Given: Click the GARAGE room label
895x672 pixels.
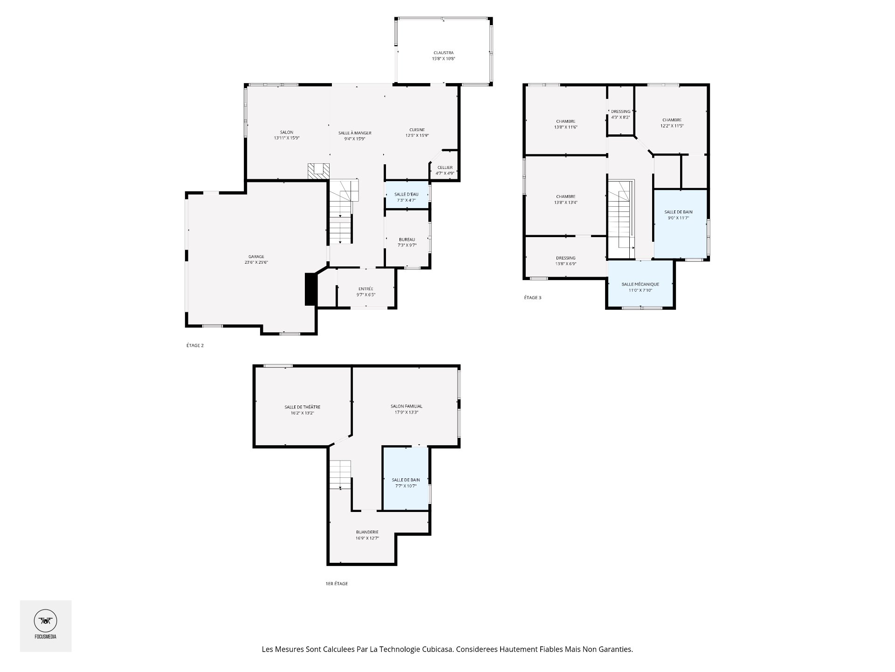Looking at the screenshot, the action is [x=256, y=259].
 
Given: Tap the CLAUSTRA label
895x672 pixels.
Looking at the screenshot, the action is [x=443, y=56].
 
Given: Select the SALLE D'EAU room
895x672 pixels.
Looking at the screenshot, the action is [x=406, y=195].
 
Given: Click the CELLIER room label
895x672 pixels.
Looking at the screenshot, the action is [x=445, y=170].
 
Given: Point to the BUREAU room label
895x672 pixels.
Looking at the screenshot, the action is [x=407, y=242].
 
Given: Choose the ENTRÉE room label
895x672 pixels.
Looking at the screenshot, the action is [x=366, y=292].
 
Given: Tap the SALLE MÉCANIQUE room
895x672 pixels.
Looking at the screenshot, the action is [x=640, y=284].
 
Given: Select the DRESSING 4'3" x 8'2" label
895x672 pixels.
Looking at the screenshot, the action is [x=620, y=114].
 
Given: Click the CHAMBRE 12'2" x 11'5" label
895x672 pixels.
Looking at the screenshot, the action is [x=672, y=123].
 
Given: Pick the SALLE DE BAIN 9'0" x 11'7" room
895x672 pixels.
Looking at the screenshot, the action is [x=681, y=224].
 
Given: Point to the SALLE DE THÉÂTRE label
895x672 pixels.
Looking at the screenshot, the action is [x=303, y=410].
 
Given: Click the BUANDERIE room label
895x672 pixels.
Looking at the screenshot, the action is [x=367, y=535].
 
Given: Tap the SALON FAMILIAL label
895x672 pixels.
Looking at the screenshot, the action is [x=406, y=409].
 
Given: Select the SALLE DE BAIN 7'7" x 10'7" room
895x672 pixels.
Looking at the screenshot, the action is [x=406, y=478].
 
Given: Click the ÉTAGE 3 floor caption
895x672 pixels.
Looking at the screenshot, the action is [x=533, y=297].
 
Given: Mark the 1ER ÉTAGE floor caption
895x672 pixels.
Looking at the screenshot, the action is [x=337, y=584].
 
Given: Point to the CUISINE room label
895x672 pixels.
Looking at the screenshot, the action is [x=417, y=133].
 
